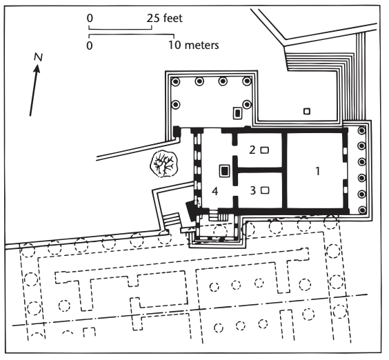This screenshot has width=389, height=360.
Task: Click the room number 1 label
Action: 317,172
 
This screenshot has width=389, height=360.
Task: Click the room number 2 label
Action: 253,150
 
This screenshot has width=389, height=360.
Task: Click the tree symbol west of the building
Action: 164,166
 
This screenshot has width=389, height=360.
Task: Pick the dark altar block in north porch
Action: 238,113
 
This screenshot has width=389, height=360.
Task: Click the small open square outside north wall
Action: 307,111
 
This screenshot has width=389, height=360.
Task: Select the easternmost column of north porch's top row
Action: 246,81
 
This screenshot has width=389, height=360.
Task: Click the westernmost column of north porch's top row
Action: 176,81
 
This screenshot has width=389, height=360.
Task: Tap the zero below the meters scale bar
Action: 90,46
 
